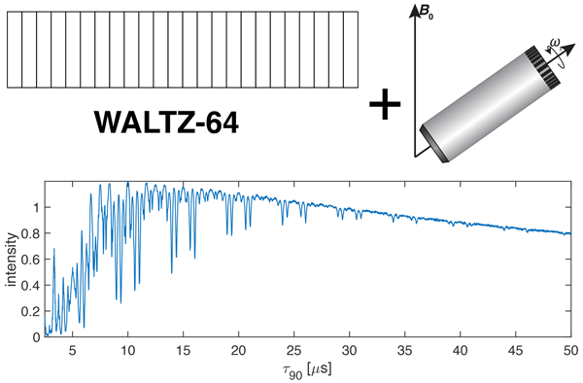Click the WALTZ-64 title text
[166, 122]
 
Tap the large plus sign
[385, 104]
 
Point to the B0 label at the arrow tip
[427, 13]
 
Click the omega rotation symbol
[555, 44]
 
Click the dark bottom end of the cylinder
[434, 144]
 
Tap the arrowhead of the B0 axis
[414, 11]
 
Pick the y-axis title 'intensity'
[12, 260]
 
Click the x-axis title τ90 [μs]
[307, 370]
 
